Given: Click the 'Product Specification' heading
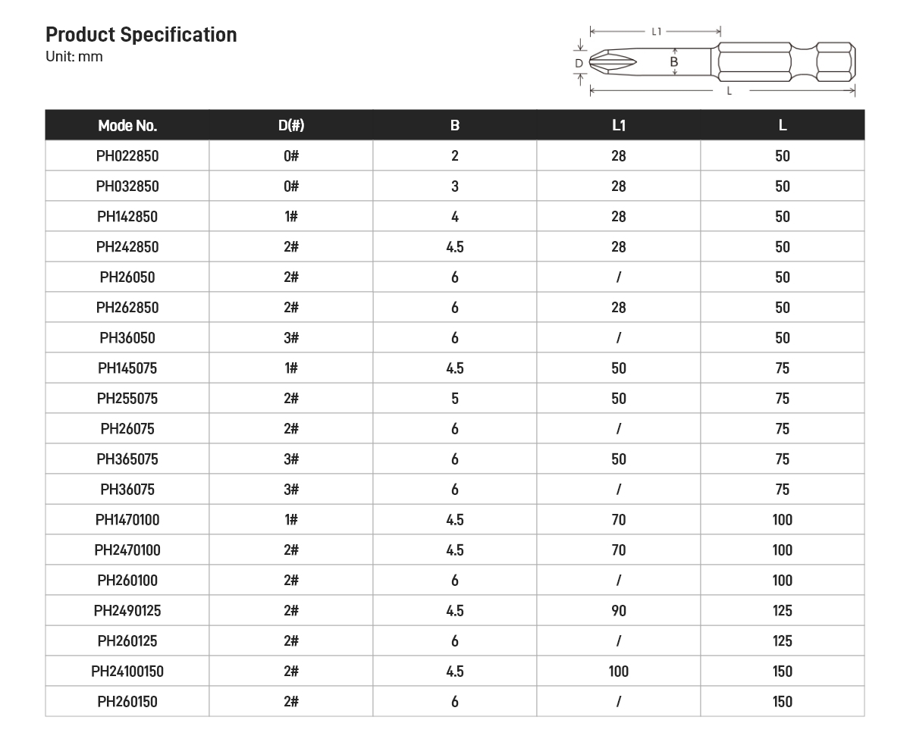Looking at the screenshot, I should (141, 35).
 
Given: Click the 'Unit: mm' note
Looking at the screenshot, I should (74, 57).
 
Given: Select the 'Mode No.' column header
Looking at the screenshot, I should (127, 126).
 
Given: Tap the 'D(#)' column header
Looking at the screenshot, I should (291, 126).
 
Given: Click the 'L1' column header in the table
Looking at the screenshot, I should (619, 126).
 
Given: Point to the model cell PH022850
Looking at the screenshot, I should (127, 156).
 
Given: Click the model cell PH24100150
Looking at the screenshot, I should (127, 672).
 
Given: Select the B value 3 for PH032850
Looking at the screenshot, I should (455, 186).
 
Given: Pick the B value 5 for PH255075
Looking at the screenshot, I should (455, 399).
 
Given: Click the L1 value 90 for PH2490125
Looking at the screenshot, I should (619, 611).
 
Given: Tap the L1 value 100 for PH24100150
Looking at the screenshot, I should (619, 672).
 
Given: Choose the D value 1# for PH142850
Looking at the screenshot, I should (291, 217).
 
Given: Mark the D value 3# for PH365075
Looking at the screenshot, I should (291, 459).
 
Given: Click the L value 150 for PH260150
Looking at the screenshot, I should (783, 702).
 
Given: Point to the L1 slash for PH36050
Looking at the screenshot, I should (619, 338).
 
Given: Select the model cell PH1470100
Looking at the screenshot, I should (127, 520).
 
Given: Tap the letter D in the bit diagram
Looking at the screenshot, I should (579, 64).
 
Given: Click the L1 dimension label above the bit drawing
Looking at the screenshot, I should (657, 32).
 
